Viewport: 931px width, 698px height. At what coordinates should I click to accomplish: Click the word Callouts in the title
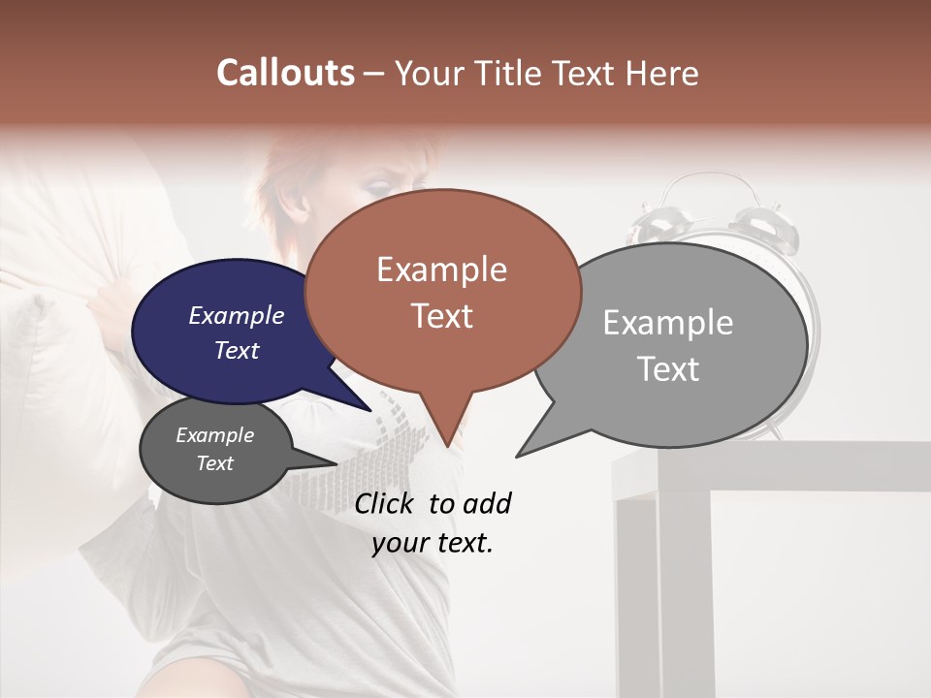coord(285,73)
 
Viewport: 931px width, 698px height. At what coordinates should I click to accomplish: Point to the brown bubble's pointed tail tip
coord(447,447)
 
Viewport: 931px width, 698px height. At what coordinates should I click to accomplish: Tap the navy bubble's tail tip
coord(370,410)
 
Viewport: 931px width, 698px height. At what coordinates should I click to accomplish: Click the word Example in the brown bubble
coord(441,270)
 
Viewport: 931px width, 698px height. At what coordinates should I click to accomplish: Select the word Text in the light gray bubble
coord(668,369)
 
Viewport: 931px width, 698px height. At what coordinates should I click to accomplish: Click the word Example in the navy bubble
coord(236,316)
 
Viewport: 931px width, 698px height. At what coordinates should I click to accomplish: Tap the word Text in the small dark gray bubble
coord(214,463)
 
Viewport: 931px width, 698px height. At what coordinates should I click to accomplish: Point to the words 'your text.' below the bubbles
coord(433,544)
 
